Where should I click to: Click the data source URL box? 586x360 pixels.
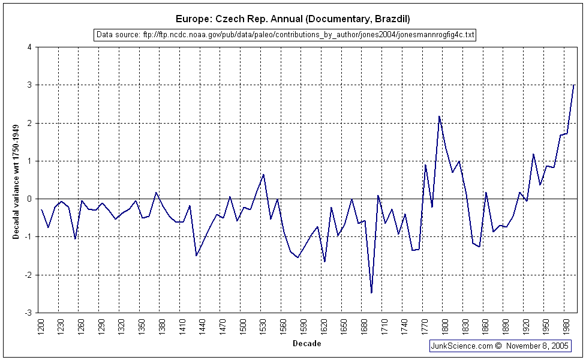tap(286, 35)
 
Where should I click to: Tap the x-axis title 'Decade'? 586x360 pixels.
tap(306, 344)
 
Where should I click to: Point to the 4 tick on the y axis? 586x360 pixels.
tap(29, 47)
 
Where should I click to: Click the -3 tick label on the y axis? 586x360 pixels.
tap(28, 313)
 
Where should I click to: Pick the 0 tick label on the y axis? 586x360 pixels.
tap(29, 199)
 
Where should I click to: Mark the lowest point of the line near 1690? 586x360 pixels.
tap(372, 293)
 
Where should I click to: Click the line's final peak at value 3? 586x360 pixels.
tap(574, 85)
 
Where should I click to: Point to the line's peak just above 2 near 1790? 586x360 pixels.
tap(439, 116)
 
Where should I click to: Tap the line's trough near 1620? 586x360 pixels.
tap(324, 262)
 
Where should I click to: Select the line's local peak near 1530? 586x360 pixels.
tap(264, 175)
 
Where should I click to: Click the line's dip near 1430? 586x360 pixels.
tap(197, 256)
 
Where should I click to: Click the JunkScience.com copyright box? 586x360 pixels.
tap(500, 346)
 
